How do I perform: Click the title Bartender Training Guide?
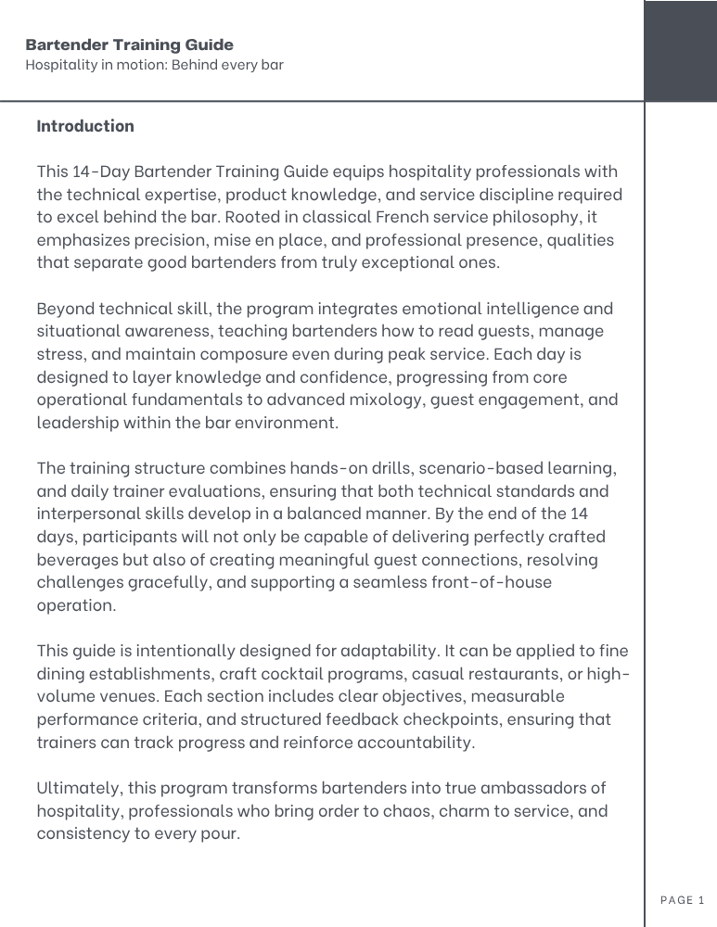click(x=129, y=44)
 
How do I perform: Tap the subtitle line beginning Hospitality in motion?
click(x=154, y=65)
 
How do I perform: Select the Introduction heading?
click(x=85, y=125)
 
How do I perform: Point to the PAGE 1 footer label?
click(x=683, y=899)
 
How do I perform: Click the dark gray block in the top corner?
click(x=680, y=51)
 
